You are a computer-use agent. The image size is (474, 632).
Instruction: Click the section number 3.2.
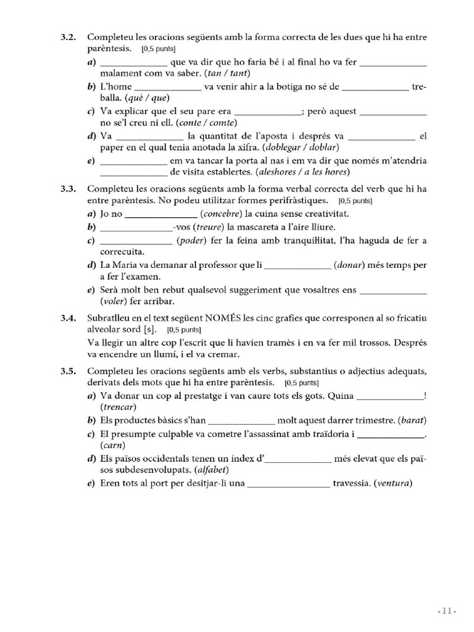[68, 38]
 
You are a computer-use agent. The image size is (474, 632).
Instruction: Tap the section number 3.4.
[68, 318]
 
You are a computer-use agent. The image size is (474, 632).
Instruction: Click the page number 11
[446, 611]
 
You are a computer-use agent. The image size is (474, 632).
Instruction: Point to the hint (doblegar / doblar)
[300, 147]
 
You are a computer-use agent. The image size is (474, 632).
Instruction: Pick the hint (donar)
[351, 265]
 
